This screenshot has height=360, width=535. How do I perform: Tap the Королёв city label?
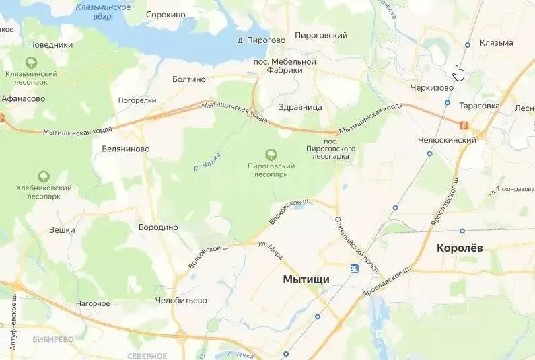[460, 248]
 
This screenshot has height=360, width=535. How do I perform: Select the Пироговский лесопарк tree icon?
[271, 154]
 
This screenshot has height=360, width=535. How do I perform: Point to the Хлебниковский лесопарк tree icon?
[43, 176]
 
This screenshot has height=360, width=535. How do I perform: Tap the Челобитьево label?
[181, 300]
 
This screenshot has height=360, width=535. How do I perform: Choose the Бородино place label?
[157, 227]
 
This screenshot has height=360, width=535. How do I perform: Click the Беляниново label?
[125, 149]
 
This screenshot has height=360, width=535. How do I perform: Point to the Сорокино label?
[165, 14]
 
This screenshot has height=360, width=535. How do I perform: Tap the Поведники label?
[50, 45]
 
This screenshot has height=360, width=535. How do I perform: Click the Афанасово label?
[23, 98]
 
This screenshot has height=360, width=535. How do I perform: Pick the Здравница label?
[301, 107]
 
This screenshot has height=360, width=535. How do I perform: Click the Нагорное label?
[93, 303]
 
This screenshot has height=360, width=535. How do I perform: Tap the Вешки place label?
[62, 229]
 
